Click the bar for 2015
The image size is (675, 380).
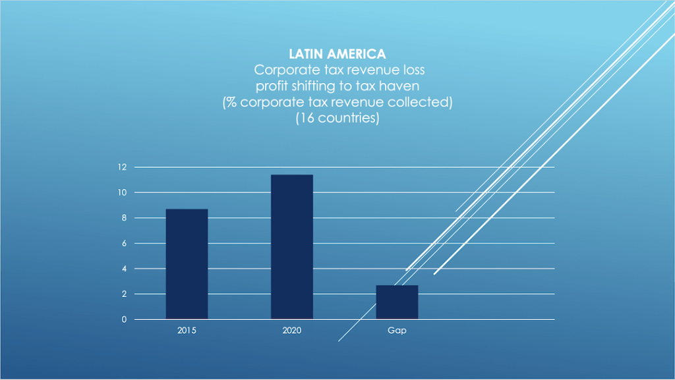(187, 263)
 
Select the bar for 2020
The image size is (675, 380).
(291, 246)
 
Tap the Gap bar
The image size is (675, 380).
(397, 302)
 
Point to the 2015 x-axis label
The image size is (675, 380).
(187, 331)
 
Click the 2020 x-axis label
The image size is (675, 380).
(291, 331)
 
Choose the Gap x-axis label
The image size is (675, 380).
(397, 331)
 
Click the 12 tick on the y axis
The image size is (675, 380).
(122, 167)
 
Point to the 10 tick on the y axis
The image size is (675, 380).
(122, 192)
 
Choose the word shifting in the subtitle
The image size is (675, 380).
(311, 86)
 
